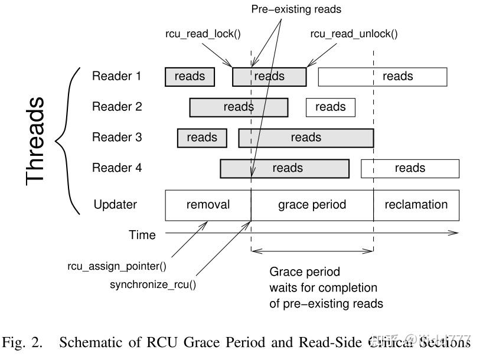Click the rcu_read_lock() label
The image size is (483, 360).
point(203,34)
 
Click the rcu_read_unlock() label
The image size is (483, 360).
point(354,34)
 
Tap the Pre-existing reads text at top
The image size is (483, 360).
point(296,9)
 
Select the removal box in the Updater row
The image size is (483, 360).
point(208,205)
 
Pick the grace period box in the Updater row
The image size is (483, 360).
point(312,205)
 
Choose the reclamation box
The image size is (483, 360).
point(416,205)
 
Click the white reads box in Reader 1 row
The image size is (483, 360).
point(383,77)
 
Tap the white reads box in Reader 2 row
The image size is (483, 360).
point(330,107)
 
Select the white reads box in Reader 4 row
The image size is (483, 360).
point(410,168)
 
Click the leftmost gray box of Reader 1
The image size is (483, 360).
point(190,77)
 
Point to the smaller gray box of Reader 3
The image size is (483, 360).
point(202,138)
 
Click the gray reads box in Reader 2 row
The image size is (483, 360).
point(239,107)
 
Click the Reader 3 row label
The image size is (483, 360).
point(117,138)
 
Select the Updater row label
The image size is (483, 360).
point(115,205)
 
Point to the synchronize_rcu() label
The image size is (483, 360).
point(153,285)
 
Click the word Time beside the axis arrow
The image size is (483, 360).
point(142,235)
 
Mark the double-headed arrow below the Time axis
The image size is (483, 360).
point(312,251)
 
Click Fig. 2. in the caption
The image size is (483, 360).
point(22,342)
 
